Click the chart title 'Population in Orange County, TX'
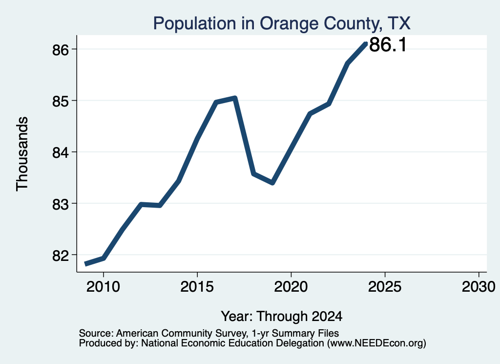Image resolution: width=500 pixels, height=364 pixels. click(282, 23)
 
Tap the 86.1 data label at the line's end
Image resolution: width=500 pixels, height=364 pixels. click(388, 44)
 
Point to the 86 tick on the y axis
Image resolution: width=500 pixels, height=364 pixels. click(61, 50)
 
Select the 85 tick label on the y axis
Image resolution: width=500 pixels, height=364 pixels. click(61, 101)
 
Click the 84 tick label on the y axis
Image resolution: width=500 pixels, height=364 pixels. click(61, 152)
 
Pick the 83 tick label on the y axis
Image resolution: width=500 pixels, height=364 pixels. click(61, 204)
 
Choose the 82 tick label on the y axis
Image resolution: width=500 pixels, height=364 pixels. click(61, 255)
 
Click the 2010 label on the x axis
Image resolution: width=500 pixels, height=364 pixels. click(104, 287)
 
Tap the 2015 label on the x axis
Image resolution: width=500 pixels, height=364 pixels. click(197, 287)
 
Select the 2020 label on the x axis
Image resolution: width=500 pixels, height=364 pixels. click(291, 287)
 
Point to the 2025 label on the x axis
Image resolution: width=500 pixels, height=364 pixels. click(385, 287)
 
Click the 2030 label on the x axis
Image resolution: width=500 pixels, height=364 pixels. click(479, 287)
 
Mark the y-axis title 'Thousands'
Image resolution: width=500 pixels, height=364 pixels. click(22, 154)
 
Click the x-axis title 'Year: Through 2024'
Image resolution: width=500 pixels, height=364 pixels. click(282, 317)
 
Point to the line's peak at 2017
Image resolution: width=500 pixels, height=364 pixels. click(235, 98)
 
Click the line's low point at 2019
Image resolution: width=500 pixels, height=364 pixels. click(272, 182)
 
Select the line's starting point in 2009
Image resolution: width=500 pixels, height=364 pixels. click(85, 264)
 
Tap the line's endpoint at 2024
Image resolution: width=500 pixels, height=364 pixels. click(366, 43)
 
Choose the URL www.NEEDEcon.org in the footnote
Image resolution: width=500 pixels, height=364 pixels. click(377, 343)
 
